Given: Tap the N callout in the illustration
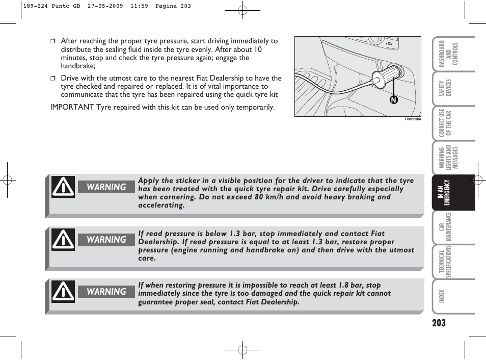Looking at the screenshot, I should pyautogui.click(x=393, y=100).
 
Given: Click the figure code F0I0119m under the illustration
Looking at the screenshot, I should pyautogui.click(x=413, y=119).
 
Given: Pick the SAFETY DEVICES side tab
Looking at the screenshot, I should pyautogui.click(x=446, y=89).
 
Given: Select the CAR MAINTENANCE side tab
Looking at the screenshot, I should pyautogui.click(x=445, y=227).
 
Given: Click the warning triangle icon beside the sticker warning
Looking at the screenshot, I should pyautogui.click(x=63, y=187).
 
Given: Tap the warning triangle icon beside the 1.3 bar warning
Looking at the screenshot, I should pyautogui.click(x=63, y=240).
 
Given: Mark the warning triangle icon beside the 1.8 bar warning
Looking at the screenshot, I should pyautogui.click(x=63, y=292).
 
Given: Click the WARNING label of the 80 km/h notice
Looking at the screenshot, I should pyautogui.click(x=106, y=187).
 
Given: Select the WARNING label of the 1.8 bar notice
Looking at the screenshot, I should pyautogui.click(x=106, y=292).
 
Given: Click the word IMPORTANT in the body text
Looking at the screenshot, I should pyautogui.click(x=72, y=107).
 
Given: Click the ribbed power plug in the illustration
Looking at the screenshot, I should pyautogui.click(x=389, y=74).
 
